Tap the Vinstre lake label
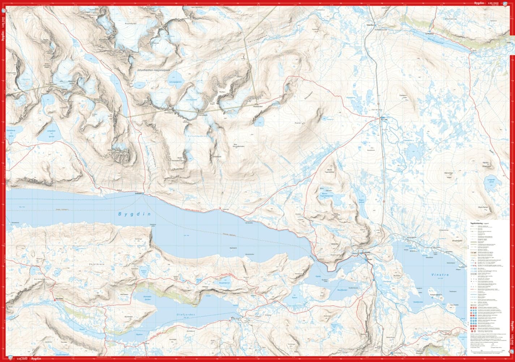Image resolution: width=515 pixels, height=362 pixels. tap(439, 275)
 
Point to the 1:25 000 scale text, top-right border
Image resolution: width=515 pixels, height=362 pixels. tap(493, 3)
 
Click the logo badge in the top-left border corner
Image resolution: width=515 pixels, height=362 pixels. tap(4, 10)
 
